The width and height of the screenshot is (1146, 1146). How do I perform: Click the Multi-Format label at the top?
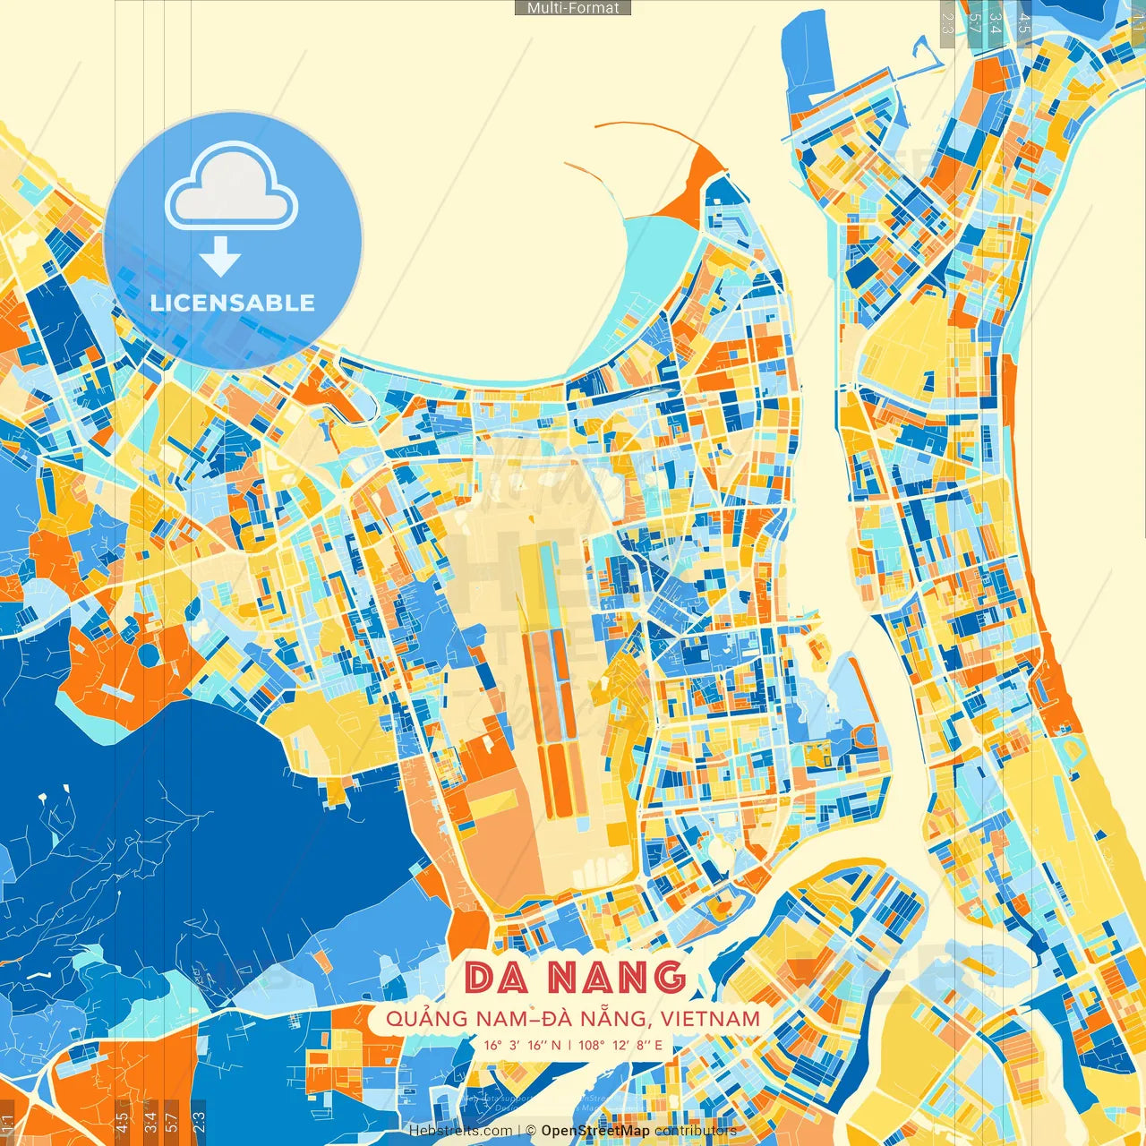(x=573, y=8)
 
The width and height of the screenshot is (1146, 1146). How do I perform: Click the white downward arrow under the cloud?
(x=220, y=257)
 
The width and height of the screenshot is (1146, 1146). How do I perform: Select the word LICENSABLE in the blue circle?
(x=232, y=303)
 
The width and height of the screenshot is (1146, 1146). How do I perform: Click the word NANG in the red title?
(x=617, y=977)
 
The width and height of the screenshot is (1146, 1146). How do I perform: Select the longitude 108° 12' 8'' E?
(x=620, y=1045)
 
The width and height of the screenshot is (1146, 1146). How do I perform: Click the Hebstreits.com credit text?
(x=460, y=1131)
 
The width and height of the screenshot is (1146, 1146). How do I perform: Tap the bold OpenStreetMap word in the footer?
(x=595, y=1131)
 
